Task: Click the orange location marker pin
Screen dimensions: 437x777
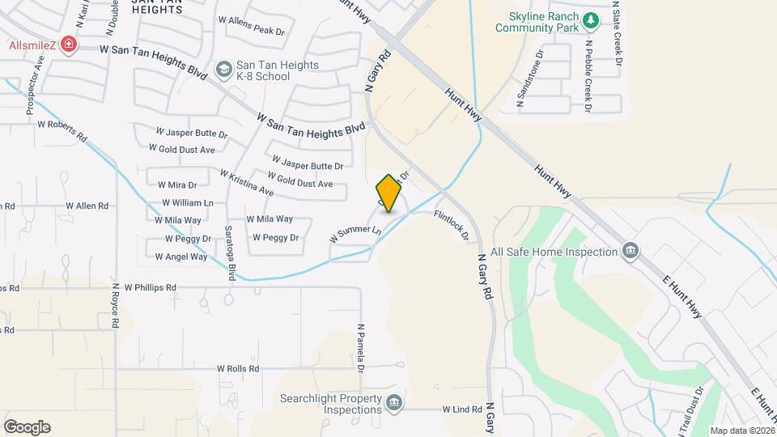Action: pos(388,193)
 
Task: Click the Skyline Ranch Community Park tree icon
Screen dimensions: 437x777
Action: pos(592,19)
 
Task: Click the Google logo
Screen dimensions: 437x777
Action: pos(28,427)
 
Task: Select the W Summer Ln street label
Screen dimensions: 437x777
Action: pos(355,235)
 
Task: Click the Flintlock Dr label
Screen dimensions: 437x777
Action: pos(452,226)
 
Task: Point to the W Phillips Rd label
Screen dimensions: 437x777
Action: pos(144,287)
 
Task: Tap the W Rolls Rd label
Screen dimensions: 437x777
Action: pos(238,369)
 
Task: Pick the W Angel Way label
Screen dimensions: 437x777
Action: pos(181,257)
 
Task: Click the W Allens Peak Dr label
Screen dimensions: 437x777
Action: pos(252,31)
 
